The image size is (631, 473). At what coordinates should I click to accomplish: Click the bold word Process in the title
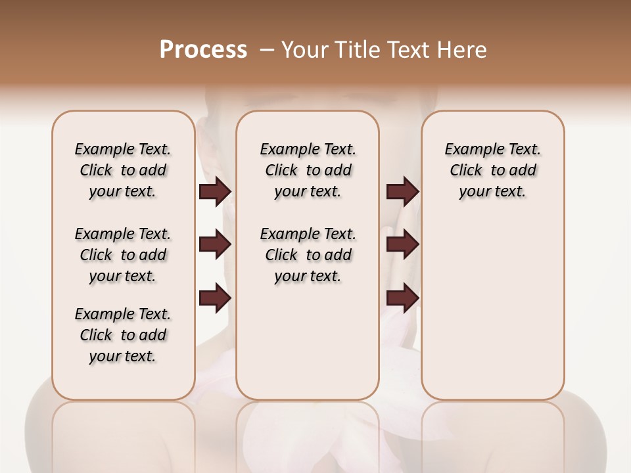203,50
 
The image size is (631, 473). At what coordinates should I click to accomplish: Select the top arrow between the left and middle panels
215,191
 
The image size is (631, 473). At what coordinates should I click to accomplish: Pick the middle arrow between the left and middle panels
215,244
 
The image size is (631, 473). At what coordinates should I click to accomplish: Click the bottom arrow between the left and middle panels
215,298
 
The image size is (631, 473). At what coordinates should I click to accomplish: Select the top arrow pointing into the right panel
402,191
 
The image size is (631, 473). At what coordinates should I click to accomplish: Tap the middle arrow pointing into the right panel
402,244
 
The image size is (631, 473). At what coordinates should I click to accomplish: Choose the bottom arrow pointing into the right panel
402,298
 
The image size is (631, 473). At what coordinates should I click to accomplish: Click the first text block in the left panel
123,170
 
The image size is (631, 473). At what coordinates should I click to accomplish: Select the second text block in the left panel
123,255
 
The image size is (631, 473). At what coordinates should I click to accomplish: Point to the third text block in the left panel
123,335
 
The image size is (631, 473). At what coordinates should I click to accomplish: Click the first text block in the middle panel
308,170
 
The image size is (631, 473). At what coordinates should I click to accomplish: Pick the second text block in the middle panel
308,255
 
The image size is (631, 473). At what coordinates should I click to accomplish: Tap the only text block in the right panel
492,170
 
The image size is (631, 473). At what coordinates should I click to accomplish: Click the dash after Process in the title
267,50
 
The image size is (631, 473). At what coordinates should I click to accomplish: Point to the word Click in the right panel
466,171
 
